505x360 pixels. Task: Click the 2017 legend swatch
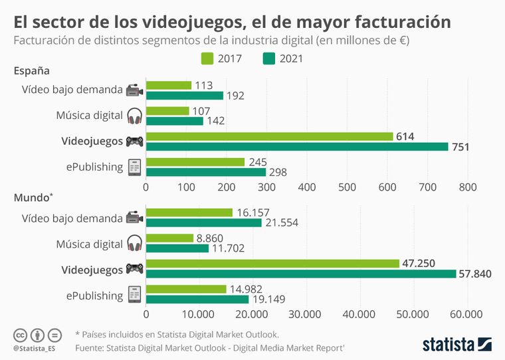coord(207,58)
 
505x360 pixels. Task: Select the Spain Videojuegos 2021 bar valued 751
coord(296,147)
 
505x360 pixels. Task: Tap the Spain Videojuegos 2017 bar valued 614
coord(269,136)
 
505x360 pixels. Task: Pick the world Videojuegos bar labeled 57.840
coord(301,274)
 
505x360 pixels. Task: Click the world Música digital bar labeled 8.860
coord(169,238)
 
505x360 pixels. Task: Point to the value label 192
coord(236,96)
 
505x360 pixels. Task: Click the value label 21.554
coord(286,223)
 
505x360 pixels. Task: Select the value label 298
coord(280,172)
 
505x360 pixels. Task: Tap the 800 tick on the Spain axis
coord(468,187)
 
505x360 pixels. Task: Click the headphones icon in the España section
coord(134,116)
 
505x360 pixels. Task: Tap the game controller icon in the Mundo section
coord(135,269)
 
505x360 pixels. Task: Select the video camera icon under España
coord(134,90)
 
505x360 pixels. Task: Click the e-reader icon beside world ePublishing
coord(134,294)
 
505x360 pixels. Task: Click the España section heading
coord(32,70)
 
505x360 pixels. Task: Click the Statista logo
coord(456,343)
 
